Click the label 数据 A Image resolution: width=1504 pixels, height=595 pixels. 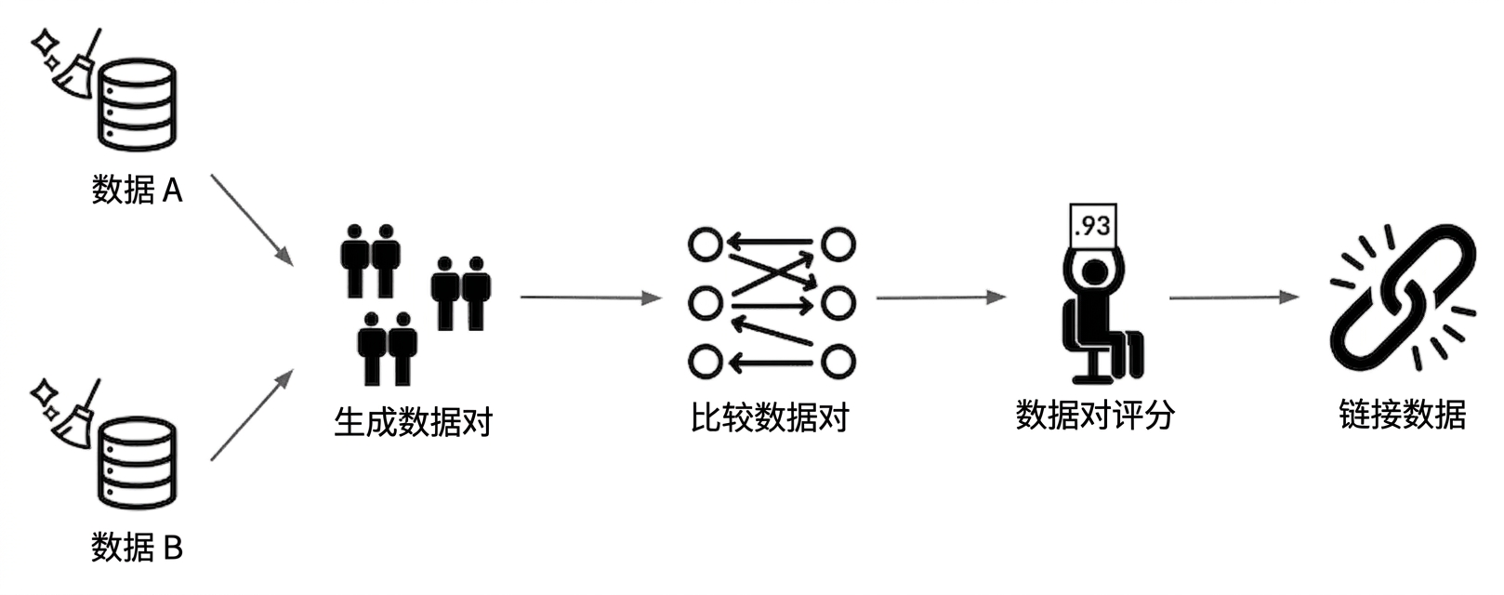click(138, 190)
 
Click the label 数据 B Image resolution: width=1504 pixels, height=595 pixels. click(138, 547)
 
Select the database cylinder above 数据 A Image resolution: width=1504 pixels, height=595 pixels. click(138, 104)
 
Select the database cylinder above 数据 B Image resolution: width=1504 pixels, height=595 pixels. click(138, 463)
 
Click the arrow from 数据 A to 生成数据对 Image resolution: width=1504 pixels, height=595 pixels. click(253, 220)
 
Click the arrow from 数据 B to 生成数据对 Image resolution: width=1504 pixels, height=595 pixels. click(253, 415)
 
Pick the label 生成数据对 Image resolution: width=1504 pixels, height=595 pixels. click(414, 422)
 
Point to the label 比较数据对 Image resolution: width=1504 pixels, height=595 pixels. click(771, 417)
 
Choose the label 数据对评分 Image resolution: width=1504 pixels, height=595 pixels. click(1095, 415)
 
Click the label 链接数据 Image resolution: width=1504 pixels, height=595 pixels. click(1403, 415)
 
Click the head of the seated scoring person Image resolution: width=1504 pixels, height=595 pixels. click(1095, 272)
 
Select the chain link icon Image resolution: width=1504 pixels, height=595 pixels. click(1404, 298)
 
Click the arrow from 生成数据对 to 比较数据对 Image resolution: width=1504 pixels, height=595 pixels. click(591, 297)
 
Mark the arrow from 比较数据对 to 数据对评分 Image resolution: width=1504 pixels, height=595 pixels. click(942, 297)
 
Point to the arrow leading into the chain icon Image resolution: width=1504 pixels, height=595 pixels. click(1234, 297)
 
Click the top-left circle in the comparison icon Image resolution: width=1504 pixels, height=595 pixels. click(705, 243)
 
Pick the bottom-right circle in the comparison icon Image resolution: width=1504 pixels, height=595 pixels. click(838, 362)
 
